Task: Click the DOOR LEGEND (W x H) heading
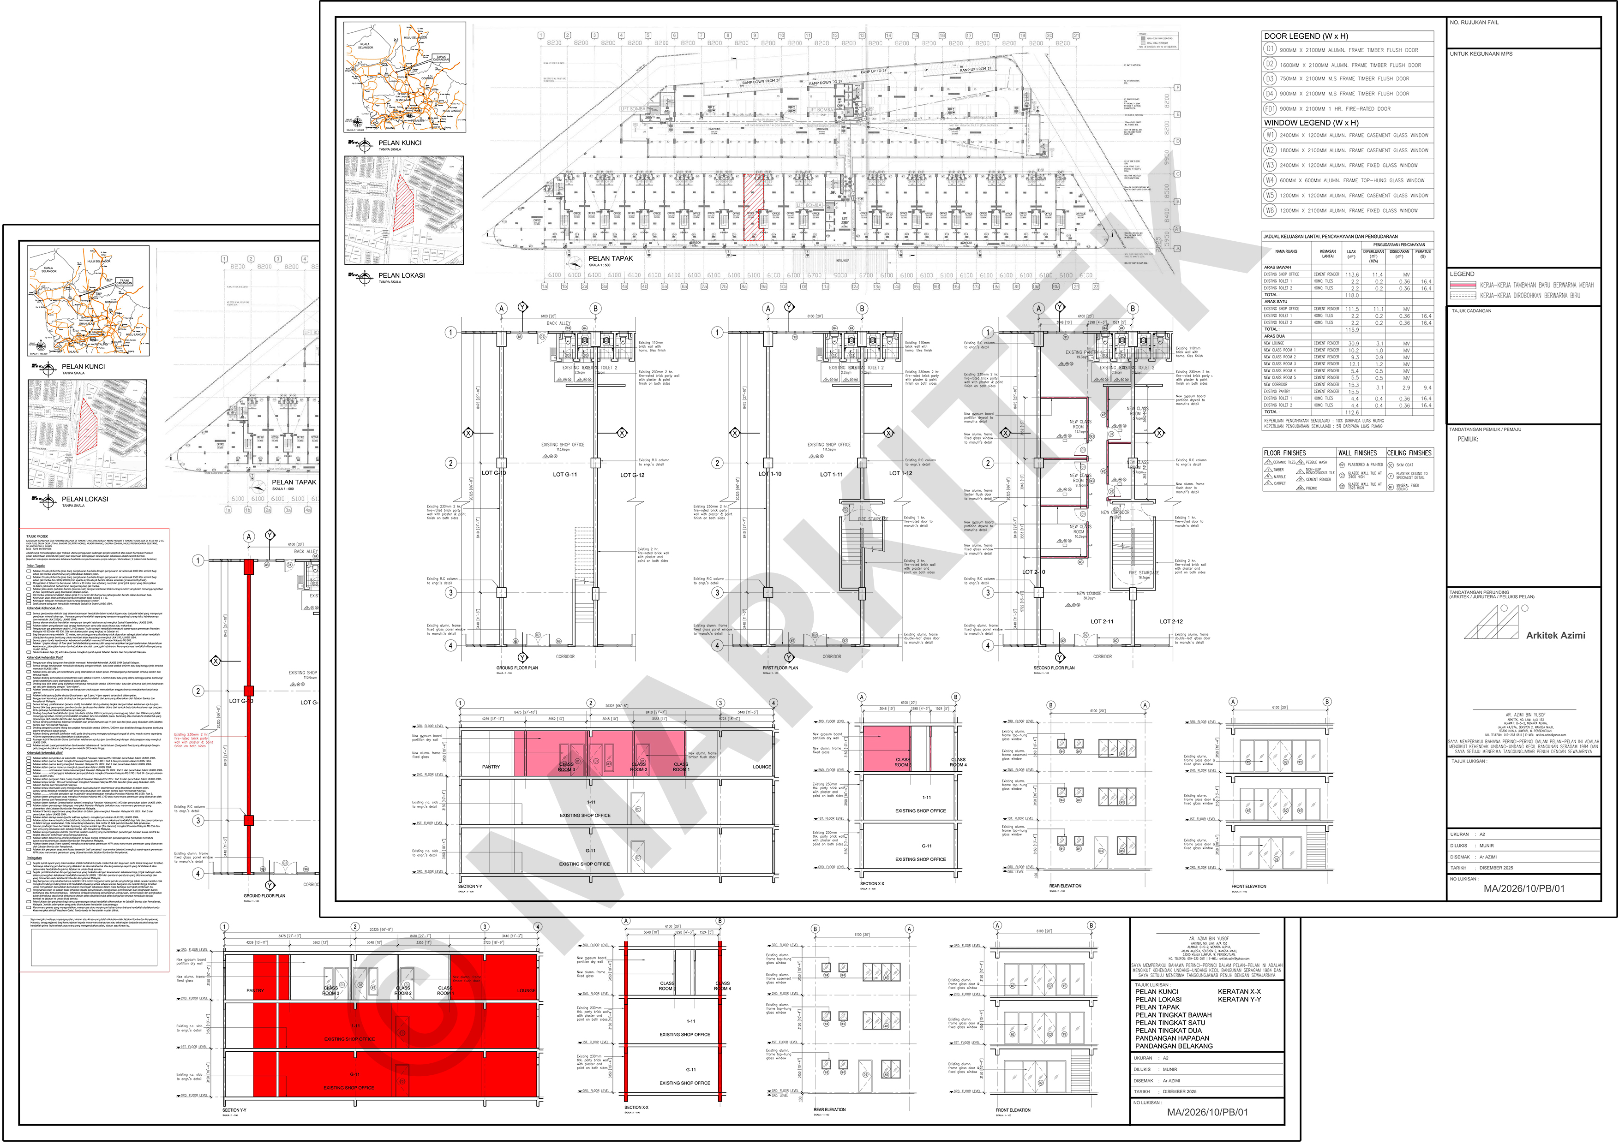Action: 1295,36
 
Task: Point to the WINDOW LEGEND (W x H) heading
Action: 1300,123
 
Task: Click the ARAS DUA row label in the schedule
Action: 1274,336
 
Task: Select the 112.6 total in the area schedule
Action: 1352,412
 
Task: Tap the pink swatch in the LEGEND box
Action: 1463,285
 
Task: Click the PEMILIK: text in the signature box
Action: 1468,439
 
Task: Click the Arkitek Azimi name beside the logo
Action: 1555,635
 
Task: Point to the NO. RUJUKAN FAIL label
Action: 1474,23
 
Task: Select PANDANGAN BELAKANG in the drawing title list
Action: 1173,1046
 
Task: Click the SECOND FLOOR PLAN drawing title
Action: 1054,667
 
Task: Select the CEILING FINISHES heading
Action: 1409,453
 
